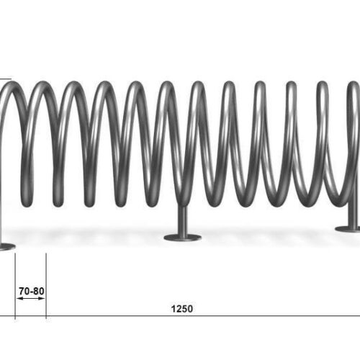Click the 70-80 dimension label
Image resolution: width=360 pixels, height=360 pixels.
coord(32,291)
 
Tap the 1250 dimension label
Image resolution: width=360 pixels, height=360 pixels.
coord(182,309)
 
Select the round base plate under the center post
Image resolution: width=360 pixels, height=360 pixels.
coord(182,238)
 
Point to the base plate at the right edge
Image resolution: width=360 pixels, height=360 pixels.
coord(348,229)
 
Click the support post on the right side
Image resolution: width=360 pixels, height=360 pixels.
coord(354,211)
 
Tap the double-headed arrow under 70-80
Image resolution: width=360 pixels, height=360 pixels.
coord(32,298)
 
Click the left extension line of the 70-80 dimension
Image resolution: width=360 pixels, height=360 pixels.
coord(15,286)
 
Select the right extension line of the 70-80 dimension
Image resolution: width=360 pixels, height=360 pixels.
coord(46,286)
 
